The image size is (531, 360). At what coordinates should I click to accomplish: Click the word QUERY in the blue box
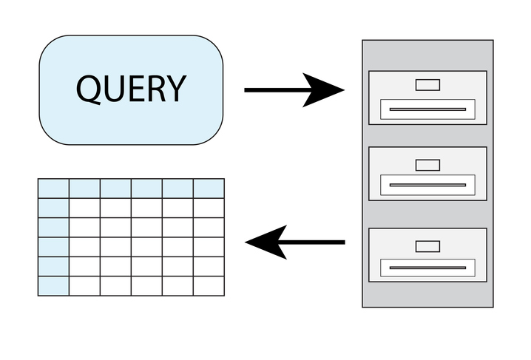pos(131,89)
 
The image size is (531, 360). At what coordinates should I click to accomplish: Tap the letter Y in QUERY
pos(174,89)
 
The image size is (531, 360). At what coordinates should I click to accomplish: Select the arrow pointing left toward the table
pos(295,242)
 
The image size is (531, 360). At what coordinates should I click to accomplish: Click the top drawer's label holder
pos(427,84)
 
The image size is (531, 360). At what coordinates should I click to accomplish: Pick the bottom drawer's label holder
pos(427,245)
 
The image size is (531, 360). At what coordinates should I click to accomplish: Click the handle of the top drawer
pos(427,109)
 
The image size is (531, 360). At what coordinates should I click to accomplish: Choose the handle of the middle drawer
pos(427,184)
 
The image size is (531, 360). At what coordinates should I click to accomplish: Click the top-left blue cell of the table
pos(53,189)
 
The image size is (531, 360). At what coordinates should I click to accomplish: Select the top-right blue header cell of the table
pos(209,189)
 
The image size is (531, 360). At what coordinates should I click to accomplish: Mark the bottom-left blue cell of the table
pos(53,285)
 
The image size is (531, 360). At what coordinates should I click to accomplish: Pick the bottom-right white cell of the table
pos(209,285)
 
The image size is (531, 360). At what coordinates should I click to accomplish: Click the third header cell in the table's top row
pos(115,189)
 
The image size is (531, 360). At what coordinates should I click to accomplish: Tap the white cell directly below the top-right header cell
pos(209,208)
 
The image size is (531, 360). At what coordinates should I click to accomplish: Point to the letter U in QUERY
pos(112,89)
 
